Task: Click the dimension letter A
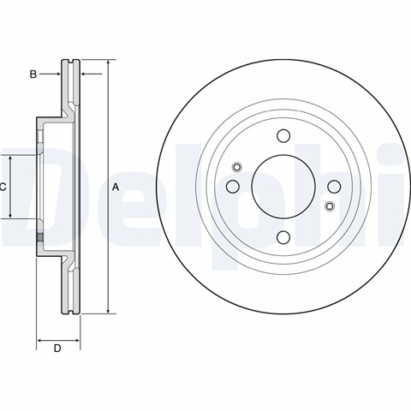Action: [116, 188]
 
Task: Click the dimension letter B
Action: [33, 74]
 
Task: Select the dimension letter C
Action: [3, 188]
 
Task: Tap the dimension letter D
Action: [57, 348]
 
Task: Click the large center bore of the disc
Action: [283, 187]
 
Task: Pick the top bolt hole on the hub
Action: [283, 135]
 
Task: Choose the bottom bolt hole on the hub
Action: [283, 237]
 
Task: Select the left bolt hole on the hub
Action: [233, 187]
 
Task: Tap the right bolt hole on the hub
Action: [334, 187]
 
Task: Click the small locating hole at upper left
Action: [237, 167]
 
